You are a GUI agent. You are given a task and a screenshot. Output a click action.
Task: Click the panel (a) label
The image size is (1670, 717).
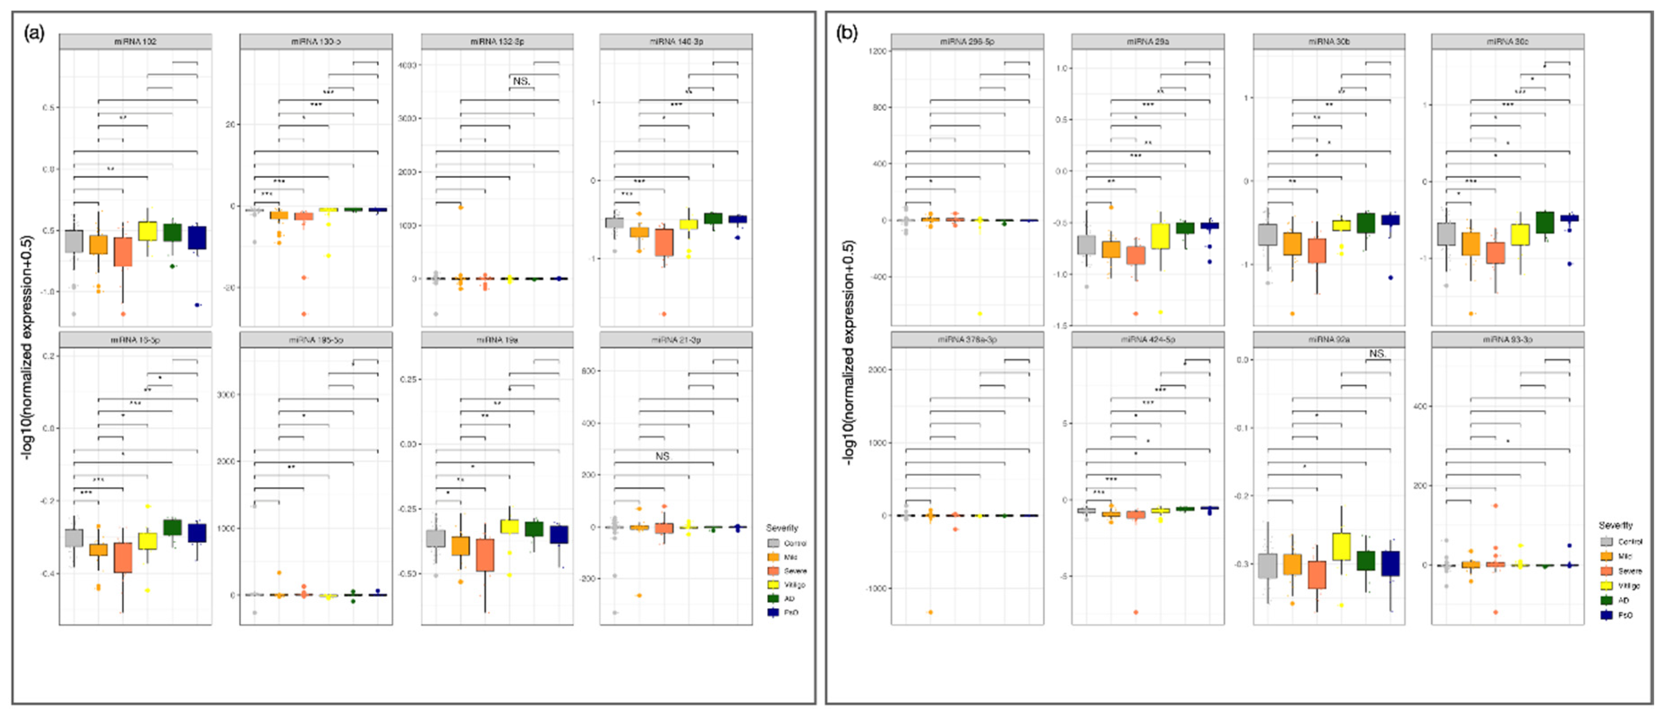(34, 32)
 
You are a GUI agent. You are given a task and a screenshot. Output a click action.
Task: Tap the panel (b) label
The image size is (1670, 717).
(847, 32)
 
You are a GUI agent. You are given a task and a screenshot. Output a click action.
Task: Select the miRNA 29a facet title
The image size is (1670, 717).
(1147, 41)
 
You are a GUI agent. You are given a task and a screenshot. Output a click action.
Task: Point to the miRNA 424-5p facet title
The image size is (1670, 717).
(1147, 339)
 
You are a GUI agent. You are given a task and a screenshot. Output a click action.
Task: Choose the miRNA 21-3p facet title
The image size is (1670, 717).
(676, 339)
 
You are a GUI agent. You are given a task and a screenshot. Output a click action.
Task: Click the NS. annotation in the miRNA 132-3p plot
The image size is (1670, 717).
(521, 81)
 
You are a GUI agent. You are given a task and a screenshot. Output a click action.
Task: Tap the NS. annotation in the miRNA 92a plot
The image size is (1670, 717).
(1378, 353)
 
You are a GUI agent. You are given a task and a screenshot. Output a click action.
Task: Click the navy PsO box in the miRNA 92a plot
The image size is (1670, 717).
(1390, 563)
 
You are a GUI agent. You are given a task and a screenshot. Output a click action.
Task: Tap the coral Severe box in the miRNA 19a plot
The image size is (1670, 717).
(485, 555)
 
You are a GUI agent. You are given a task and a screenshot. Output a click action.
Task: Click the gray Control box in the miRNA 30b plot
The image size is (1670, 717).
(1268, 235)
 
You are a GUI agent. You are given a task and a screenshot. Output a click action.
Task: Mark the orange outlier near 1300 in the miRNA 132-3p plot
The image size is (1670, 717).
(461, 207)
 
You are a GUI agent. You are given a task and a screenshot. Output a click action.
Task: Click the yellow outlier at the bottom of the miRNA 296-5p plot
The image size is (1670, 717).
(980, 314)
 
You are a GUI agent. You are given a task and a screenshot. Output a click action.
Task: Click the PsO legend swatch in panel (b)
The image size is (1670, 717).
(1606, 615)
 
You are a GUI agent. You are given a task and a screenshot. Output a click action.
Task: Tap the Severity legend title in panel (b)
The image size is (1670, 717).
(1615, 525)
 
